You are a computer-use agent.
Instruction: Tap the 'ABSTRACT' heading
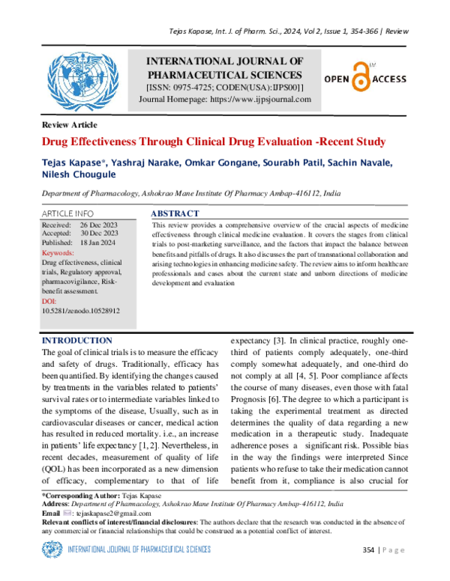point(175,214)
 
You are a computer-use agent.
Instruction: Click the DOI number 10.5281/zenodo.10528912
point(81,309)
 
